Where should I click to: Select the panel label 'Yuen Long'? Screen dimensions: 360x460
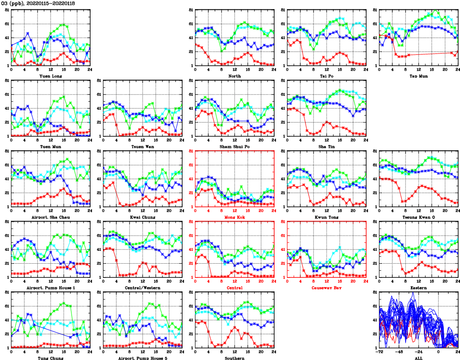pyautogui.click(x=50, y=76)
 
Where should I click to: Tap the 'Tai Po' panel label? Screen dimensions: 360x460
pyautogui.click(x=326, y=76)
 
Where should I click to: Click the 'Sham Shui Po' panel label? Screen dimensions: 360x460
pyautogui.click(x=234, y=146)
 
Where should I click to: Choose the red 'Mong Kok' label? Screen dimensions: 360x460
pyautogui.click(x=234, y=217)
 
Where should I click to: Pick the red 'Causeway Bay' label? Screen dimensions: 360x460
pyautogui.click(x=326, y=288)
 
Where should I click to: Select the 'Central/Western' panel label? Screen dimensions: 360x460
pyautogui.click(x=142, y=288)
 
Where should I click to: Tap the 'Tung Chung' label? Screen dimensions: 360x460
pyautogui.click(x=50, y=358)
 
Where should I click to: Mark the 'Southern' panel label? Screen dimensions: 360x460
pyautogui.click(x=234, y=358)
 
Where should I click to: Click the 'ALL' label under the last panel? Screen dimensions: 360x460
pyautogui.click(x=418, y=358)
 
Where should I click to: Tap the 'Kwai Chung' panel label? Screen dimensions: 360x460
pyautogui.click(x=142, y=217)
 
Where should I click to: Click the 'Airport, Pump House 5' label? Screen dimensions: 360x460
pyautogui.click(x=142, y=358)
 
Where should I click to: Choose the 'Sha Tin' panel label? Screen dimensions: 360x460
pyautogui.click(x=326, y=146)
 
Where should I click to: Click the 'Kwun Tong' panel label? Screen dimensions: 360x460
pyautogui.click(x=326, y=217)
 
